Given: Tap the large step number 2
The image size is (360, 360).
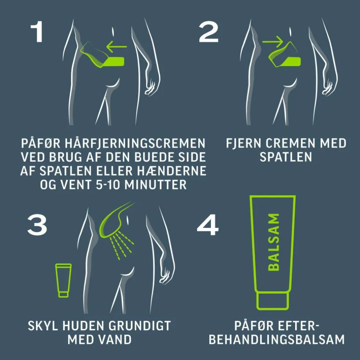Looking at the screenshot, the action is coord(209,32).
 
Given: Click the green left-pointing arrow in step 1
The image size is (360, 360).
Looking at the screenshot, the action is coord(117,46).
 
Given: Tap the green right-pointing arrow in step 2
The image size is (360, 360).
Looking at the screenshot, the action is coord(273,42).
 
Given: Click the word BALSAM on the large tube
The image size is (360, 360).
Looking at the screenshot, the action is coord(274,242).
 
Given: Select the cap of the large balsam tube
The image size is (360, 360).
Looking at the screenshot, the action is coord(272,300).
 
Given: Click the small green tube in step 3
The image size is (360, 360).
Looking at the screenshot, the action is coord(63,280).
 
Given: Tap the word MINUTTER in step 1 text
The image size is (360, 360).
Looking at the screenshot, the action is coord(155,184).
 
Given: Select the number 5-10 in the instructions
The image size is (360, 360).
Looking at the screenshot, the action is coord(108,184).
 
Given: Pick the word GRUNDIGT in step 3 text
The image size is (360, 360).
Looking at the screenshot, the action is coord(140,326).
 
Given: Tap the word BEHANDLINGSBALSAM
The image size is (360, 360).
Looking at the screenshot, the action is coord(277,340).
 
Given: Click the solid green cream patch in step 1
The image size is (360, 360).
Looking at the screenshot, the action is coord(115,61).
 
